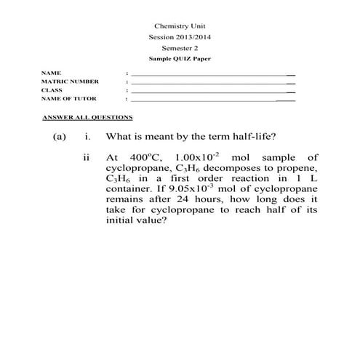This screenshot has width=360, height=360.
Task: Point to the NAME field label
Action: click(51, 73)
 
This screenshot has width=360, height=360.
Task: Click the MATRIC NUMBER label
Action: click(70, 81)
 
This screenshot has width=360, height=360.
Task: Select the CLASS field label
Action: click(52, 89)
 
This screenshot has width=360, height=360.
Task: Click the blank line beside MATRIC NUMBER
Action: click(211, 83)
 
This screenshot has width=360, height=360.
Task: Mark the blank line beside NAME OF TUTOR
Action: click(211, 100)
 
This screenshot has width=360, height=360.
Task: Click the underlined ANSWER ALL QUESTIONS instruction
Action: click(87, 117)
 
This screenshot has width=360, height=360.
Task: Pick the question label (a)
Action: click(60, 137)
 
